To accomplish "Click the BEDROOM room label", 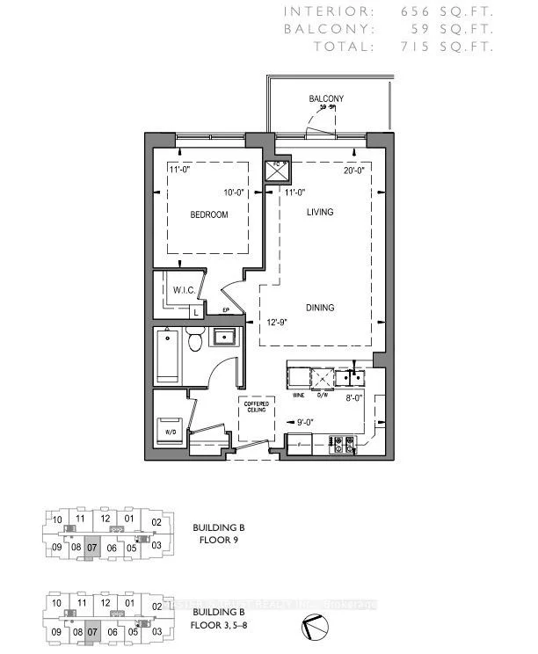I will [208, 215].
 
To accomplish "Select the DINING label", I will [319, 308].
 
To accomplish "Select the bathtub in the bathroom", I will [168, 355].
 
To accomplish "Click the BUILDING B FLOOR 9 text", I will [218, 534].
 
